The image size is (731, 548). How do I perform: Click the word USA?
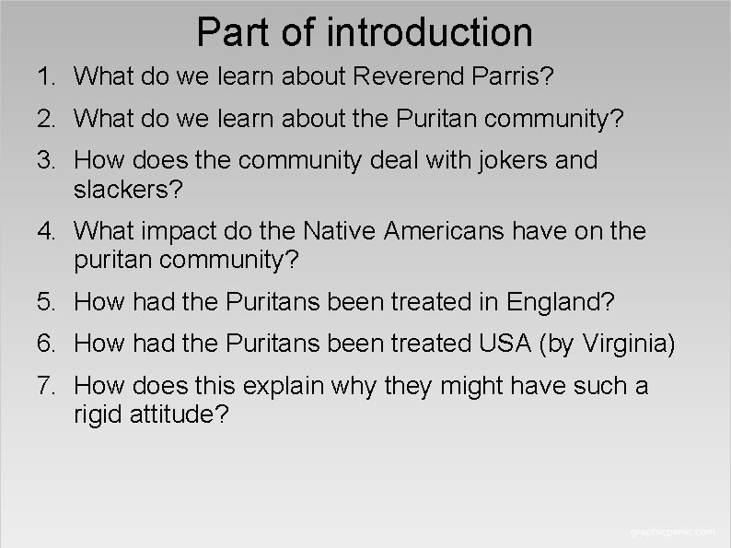click(x=504, y=344)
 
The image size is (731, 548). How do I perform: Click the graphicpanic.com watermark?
click(x=672, y=532)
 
